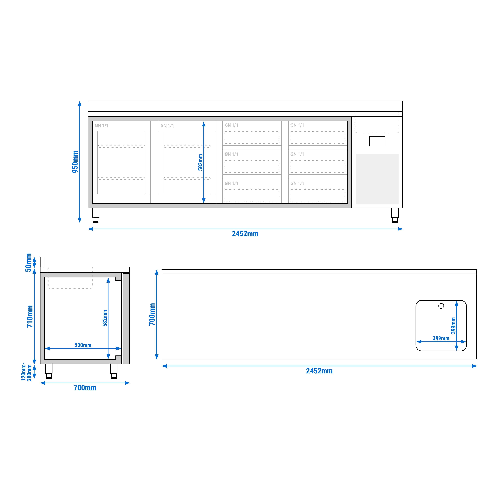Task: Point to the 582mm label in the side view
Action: coord(105,318)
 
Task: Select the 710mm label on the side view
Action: coord(30,316)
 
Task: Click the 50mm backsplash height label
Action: coord(28,263)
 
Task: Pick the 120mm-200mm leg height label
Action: coord(26,372)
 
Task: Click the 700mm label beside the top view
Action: coord(152,314)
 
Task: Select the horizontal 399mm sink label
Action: coord(441,338)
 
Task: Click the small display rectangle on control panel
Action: coord(377,141)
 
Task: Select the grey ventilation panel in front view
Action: coord(377,179)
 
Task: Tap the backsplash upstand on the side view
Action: coord(42,262)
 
